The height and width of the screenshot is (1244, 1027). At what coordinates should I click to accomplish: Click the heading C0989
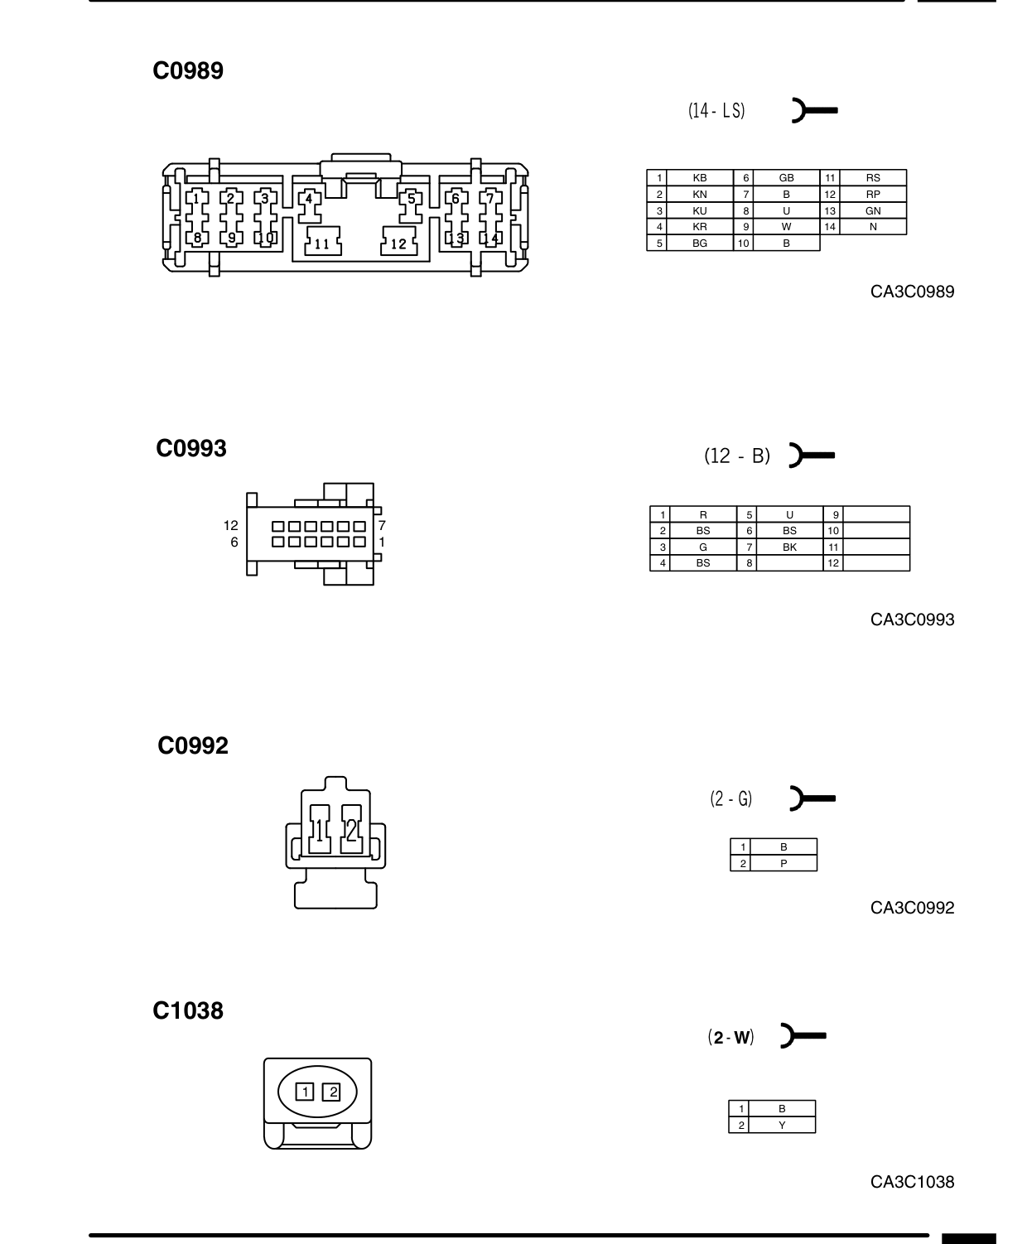pos(188,70)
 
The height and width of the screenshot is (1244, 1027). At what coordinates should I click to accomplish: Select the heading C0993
pos(191,448)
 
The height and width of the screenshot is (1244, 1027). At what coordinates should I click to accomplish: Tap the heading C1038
pos(188,1010)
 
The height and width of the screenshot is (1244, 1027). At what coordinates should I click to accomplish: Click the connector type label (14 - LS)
pos(716,110)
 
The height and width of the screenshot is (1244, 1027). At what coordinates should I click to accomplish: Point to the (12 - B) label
pos(737,456)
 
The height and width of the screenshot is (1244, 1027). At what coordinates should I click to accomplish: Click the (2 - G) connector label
pos(731,798)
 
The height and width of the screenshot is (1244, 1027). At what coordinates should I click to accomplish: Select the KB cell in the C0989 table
pos(699,177)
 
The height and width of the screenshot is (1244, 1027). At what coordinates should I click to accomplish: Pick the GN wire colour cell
pos(873,210)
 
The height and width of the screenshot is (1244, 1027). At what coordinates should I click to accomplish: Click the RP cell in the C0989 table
pos(873,195)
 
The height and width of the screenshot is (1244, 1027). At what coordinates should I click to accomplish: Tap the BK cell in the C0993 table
pos(789,547)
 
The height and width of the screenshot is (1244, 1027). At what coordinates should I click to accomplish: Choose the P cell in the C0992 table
pos(784,863)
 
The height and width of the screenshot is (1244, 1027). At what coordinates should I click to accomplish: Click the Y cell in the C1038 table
pos(782,1126)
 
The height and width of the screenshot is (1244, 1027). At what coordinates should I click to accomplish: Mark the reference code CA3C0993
pos(912,620)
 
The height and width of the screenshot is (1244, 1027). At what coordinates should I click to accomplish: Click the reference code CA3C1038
pos(912,1181)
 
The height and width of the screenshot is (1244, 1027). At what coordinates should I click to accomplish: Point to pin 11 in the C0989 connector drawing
pos(322,241)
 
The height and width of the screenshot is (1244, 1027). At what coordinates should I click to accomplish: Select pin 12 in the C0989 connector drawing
pos(398,241)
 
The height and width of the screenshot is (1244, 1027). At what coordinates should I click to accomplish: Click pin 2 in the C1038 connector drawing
pos(331,1092)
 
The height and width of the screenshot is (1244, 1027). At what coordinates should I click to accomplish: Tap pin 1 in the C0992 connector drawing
pos(320,830)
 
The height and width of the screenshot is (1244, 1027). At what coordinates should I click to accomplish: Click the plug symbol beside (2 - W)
pos(803,1036)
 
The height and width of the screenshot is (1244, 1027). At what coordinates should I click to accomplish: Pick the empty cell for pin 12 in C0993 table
pos(876,563)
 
